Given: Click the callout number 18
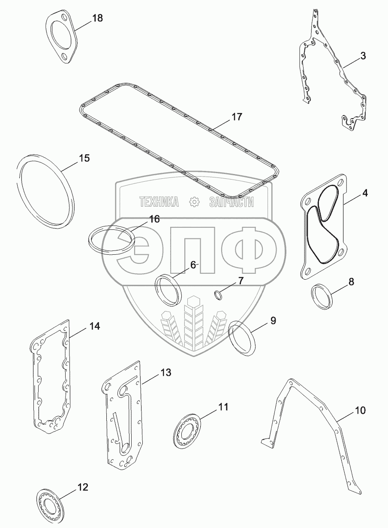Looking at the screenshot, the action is point(97,18).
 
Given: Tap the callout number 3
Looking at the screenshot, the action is point(363,56).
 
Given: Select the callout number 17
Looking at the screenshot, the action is point(237,117).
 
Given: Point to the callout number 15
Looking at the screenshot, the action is point(84,158).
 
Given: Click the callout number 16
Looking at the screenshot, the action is point(154,219).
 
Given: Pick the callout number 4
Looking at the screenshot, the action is point(365,193).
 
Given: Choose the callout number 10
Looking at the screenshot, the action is point(360,410).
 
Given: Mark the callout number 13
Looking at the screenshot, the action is point(165,372).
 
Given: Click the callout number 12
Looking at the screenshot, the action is point(83,487).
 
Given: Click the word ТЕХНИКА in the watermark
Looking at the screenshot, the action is point(159,202).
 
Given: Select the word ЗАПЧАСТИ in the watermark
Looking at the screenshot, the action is point(232,202).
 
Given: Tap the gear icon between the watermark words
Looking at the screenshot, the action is point(194,202).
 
